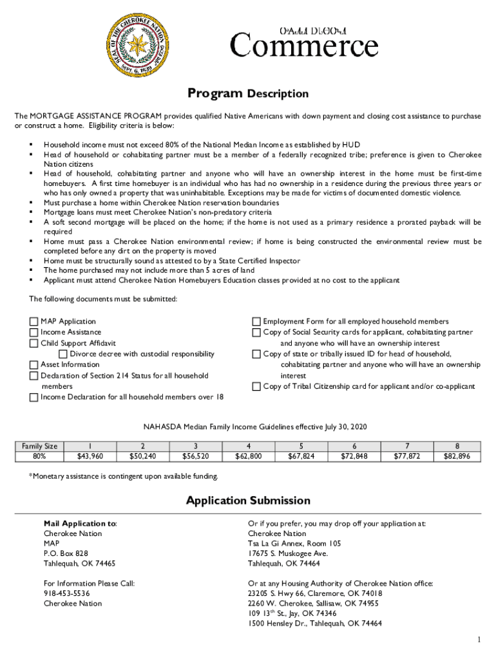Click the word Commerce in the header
click(304, 47)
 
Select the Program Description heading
click(248, 94)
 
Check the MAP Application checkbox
click(33, 322)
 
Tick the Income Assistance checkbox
click(33, 333)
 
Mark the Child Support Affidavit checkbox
click(33, 344)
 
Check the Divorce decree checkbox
click(63, 355)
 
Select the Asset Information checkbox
click(33, 365)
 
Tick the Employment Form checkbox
click(256, 322)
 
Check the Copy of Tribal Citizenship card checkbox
click(256, 387)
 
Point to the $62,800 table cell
click(249, 456)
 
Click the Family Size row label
click(39, 445)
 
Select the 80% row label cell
click(39, 456)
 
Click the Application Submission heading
click(248, 501)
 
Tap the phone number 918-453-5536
click(67, 593)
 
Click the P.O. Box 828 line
click(66, 553)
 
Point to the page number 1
click(479, 640)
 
